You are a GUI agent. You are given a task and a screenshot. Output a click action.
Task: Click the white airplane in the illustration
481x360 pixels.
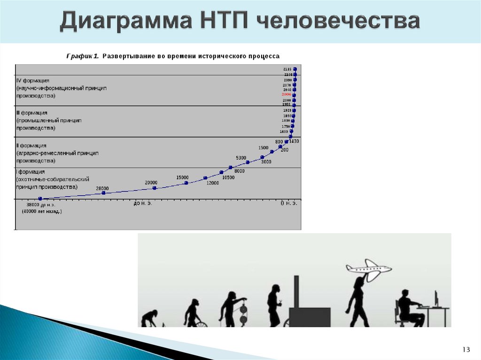[x=369, y=268]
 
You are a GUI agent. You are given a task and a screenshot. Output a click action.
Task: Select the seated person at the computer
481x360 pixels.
[x=408, y=307]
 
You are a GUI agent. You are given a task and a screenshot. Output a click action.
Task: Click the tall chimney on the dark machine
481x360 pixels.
[x=296, y=292]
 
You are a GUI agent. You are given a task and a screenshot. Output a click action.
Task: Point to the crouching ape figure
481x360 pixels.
[x=149, y=318]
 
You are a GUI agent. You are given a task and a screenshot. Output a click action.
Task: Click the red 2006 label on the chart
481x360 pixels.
[x=287, y=95]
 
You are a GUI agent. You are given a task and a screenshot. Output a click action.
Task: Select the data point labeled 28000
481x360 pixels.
[x=103, y=193]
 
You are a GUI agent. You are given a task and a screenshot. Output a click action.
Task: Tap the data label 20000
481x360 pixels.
[x=151, y=183]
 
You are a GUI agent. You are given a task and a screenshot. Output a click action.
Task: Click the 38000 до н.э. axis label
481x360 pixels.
[x=41, y=205]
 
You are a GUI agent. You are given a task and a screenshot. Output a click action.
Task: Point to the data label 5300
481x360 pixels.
[x=241, y=158]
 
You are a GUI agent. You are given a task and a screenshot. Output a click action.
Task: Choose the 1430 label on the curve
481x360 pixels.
[x=294, y=141]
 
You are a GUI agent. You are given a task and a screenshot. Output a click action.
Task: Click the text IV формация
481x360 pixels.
[x=33, y=81]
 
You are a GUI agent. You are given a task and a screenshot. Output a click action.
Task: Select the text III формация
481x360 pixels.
[x=32, y=113]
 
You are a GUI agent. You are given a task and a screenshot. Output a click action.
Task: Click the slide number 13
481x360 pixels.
[x=466, y=349]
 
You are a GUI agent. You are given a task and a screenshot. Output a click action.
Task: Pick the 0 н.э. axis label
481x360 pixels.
[x=289, y=203]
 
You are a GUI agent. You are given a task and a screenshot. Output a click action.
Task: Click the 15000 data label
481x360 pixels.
[x=182, y=177]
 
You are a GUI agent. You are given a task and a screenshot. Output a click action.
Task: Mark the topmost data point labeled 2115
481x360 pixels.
[x=295, y=69]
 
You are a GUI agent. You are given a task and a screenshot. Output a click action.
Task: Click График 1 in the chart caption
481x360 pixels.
[x=82, y=56]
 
